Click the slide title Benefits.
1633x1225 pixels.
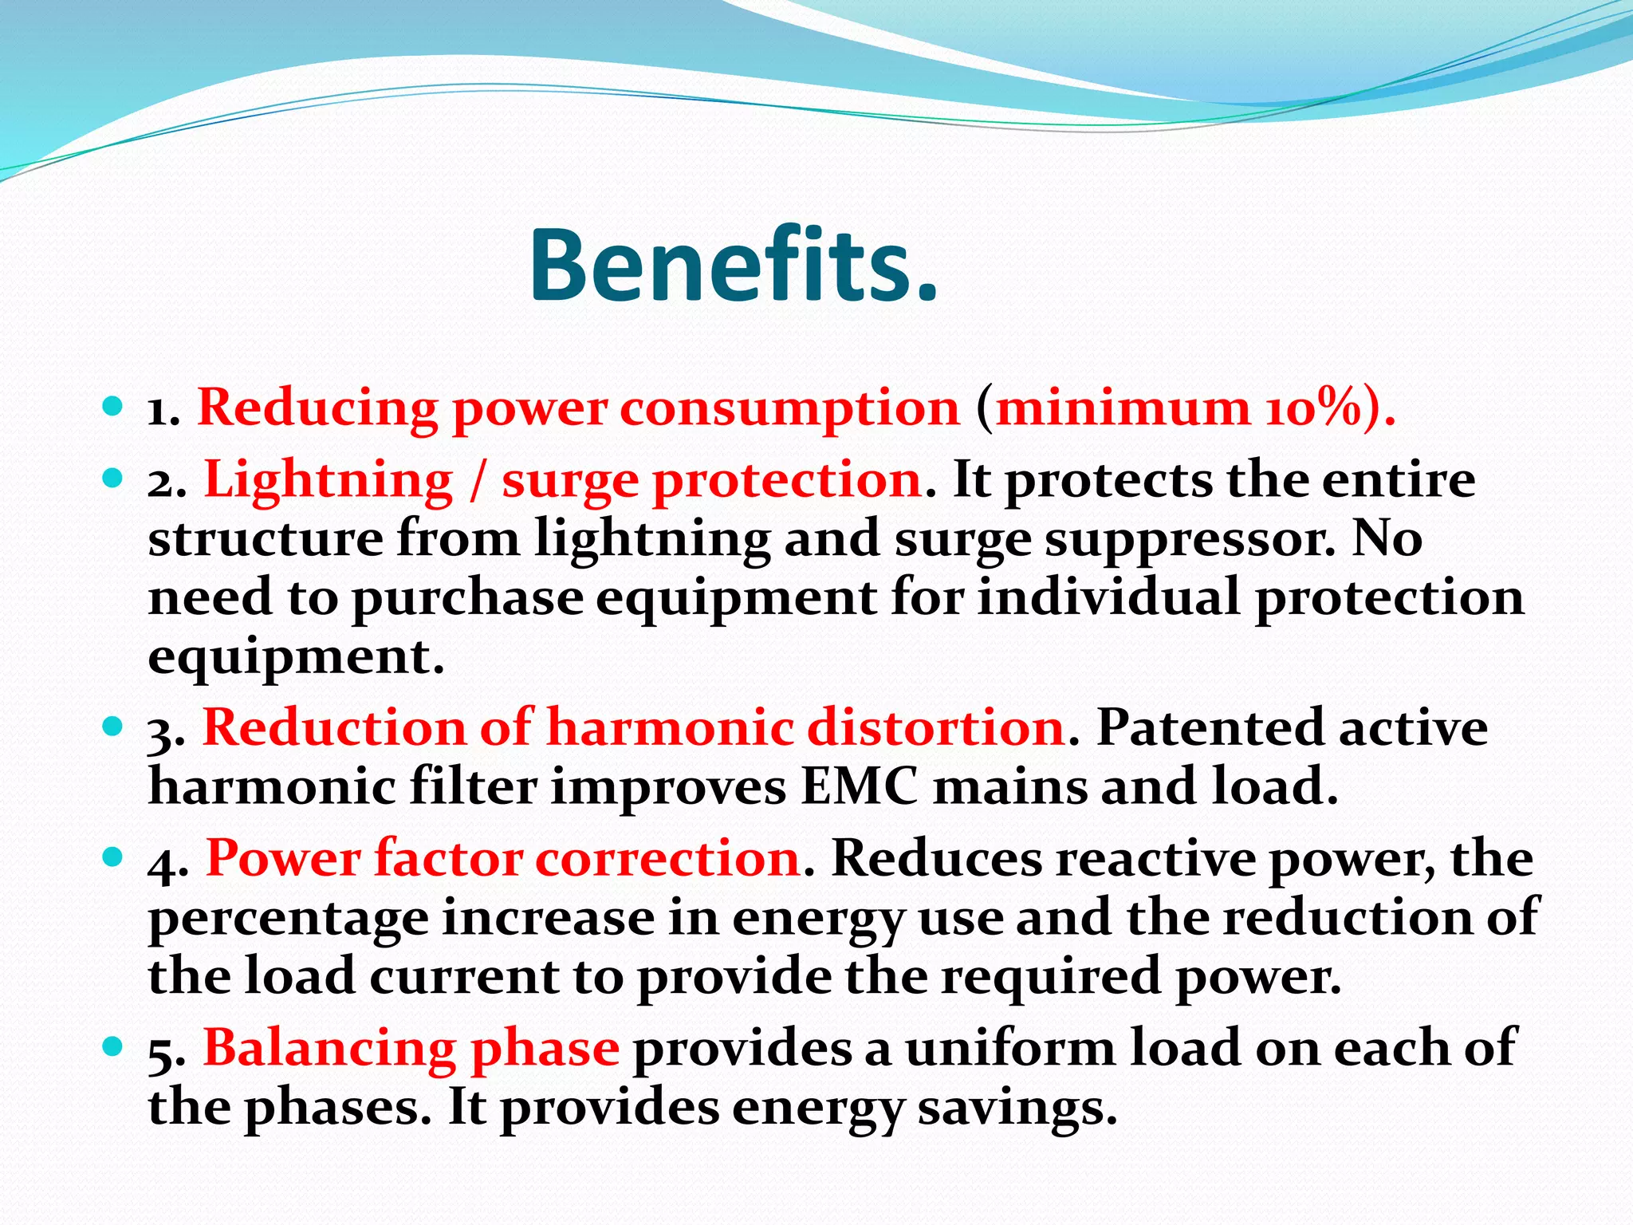click(x=734, y=266)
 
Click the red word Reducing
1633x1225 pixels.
click(x=317, y=408)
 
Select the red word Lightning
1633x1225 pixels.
click(x=328, y=481)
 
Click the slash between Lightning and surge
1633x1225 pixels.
click(x=477, y=481)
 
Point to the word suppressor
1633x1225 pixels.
click(x=1188, y=540)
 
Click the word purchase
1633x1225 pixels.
click(x=467, y=598)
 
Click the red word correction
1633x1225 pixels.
click(x=667, y=859)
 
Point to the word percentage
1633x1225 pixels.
click(x=288, y=919)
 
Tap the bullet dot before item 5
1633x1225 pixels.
click(x=112, y=1046)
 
